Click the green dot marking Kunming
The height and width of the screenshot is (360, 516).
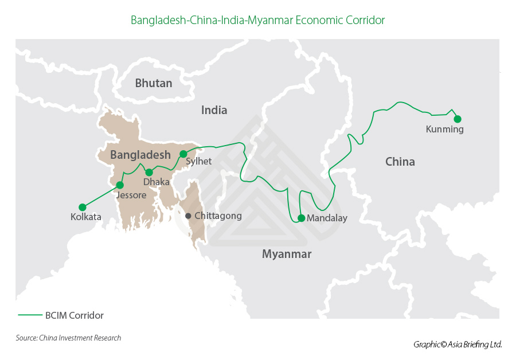458,119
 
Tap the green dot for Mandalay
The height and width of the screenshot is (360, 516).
301,218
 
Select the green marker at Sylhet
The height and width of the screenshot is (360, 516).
183,154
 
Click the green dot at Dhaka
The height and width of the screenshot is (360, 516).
149,172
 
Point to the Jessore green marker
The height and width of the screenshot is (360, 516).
120,185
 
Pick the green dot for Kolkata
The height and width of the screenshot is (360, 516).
82,207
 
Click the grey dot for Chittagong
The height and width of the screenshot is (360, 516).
188,216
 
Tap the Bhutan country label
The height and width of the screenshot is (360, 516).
153,83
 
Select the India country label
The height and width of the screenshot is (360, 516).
214,110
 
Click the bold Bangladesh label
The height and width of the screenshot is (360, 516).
140,155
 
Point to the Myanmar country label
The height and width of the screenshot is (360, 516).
286,254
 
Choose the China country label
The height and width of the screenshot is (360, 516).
400,162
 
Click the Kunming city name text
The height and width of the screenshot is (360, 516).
444,130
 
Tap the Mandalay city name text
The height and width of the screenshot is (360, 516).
327,218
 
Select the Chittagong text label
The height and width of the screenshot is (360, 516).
218,216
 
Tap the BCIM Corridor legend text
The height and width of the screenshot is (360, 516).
74,315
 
